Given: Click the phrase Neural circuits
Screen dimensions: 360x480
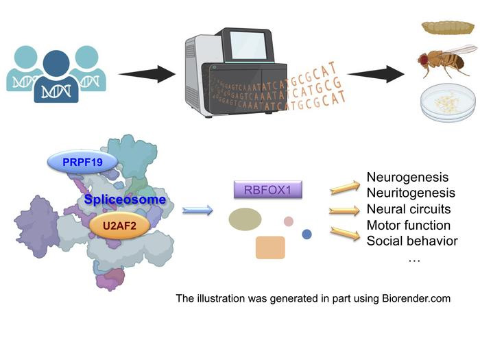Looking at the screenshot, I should coord(409,209).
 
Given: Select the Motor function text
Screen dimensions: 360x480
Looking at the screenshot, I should coord(409,225).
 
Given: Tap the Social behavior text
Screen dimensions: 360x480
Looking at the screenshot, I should coord(412,241).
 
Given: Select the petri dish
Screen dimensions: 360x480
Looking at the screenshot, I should coord(446,104).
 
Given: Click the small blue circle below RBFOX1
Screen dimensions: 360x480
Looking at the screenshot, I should coord(307,235).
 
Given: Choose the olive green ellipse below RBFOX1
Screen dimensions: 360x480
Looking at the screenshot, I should coord(245,219).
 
